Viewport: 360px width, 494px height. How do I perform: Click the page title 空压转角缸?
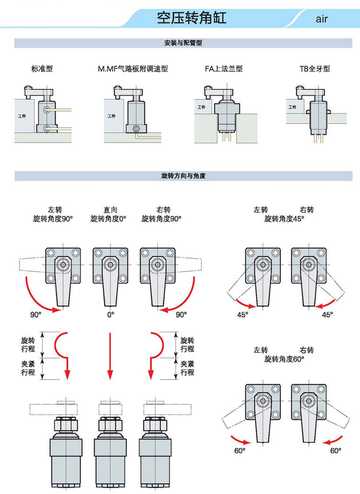192,18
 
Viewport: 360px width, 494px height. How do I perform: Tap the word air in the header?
322,19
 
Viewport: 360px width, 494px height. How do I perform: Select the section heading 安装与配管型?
183,43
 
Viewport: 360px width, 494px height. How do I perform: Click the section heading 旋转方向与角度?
183,176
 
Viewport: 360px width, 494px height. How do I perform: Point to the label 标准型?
42,68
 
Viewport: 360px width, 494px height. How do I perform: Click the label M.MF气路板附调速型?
132,68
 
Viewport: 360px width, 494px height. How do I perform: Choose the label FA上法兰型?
224,68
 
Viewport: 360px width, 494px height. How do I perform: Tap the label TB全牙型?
315,68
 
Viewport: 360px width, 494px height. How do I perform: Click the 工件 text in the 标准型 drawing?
22,116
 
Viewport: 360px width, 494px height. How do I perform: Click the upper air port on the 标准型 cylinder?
47,109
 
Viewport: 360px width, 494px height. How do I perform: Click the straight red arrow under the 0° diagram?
110,356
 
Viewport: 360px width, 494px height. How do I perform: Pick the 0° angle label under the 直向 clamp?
110,314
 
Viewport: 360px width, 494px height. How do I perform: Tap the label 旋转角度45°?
284,218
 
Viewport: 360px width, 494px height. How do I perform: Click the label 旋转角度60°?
284,359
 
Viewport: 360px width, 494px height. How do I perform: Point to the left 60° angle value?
240,450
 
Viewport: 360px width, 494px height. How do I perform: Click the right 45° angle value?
327,314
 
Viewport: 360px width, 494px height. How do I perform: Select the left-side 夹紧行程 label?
28,368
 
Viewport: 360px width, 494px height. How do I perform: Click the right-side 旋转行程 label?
187,344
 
